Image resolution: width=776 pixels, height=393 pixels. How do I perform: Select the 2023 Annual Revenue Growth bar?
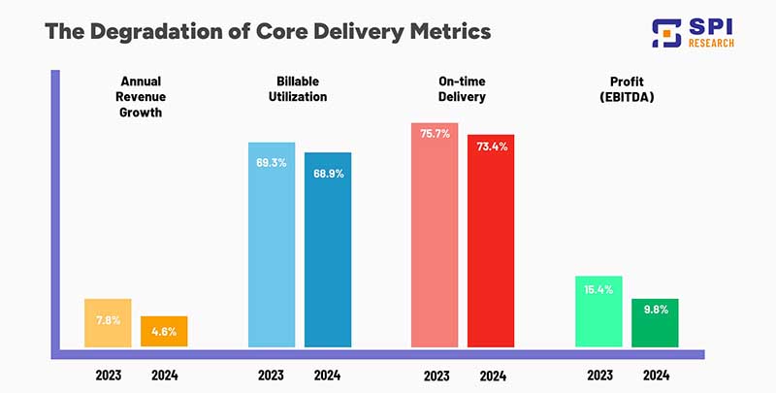pyautogui.click(x=108, y=322)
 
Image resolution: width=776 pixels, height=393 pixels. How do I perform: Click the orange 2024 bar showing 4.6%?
pyautogui.click(x=164, y=331)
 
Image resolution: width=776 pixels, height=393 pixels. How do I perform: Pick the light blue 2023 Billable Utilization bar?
pyautogui.click(x=272, y=245)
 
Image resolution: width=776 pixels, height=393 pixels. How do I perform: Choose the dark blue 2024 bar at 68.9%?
pyautogui.click(x=328, y=249)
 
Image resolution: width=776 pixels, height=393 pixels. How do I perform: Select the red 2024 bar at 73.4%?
pyautogui.click(x=492, y=240)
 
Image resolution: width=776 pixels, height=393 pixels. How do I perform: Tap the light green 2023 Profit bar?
pyautogui.click(x=598, y=311)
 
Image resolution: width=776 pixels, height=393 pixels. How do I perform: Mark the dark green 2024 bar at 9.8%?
pyautogui.click(x=655, y=322)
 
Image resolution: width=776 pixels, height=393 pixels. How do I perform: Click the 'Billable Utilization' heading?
pyautogui.click(x=299, y=89)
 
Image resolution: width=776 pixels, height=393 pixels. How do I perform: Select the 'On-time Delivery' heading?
pyautogui.click(x=463, y=89)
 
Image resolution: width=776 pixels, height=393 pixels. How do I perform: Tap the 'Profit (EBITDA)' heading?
pyautogui.click(x=627, y=89)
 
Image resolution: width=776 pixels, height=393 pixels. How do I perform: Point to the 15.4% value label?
pyautogui.click(x=598, y=290)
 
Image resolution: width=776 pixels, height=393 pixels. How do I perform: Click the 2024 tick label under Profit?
pyautogui.click(x=655, y=375)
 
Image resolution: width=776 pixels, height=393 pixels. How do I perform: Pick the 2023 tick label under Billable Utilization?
pyautogui.click(x=272, y=375)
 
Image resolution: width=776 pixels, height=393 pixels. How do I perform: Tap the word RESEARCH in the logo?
pyautogui.click(x=712, y=42)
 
